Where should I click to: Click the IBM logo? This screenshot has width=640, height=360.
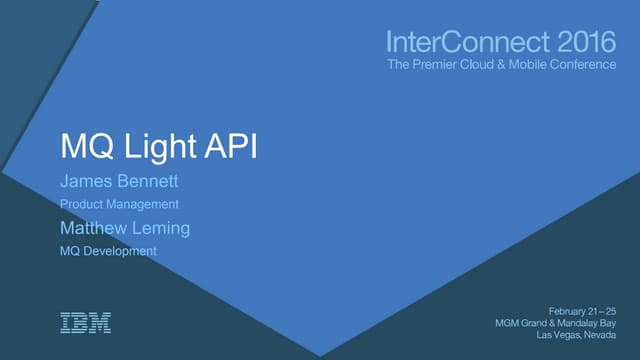click(86, 322)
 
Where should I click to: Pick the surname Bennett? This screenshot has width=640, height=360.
click(150, 182)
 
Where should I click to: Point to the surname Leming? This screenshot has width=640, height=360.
click(162, 228)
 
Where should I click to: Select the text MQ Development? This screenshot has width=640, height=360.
click(108, 251)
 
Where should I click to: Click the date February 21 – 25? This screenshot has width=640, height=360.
click(583, 310)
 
